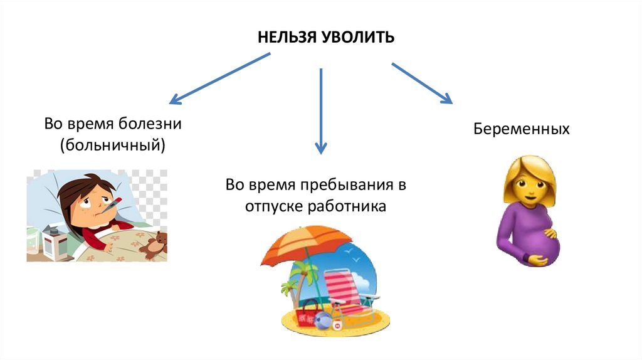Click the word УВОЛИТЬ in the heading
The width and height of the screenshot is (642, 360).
coord(358,38)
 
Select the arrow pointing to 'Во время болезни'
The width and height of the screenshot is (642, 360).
coord(219,78)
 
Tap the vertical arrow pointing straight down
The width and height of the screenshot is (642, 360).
coord(321,110)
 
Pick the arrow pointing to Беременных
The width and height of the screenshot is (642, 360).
coord(421,82)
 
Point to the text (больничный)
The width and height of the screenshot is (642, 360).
coord(113,146)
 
